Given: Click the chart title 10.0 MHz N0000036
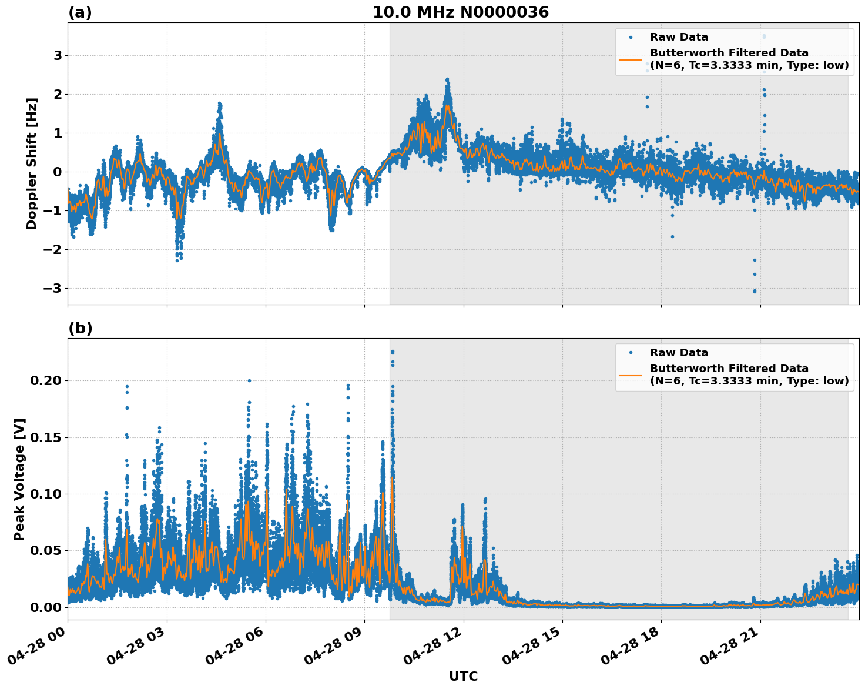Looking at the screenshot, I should coord(460,12).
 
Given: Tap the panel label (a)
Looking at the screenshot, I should coord(80,12).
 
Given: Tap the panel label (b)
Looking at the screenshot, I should coord(80,328).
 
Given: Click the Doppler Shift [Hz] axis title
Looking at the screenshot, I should coord(32,163).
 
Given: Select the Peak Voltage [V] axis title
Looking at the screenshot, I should coord(19,479).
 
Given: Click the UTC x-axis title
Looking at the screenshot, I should coord(463,676).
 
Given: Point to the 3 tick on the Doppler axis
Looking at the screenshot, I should coord(58,55).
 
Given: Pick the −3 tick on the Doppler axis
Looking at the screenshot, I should coord(54,288).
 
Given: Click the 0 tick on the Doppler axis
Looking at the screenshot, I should coord(58,172).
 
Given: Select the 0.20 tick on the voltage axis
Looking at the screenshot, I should coord(46,380).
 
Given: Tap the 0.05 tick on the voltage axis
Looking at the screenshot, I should coord(46,550).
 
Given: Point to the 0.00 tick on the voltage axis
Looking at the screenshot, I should coord(46,607).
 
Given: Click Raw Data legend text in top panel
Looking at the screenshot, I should coord(679,37).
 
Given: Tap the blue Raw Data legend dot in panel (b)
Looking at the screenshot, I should coord(630,353).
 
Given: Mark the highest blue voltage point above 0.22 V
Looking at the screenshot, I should coord(393,352).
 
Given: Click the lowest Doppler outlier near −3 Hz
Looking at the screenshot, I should coord(755,291).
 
